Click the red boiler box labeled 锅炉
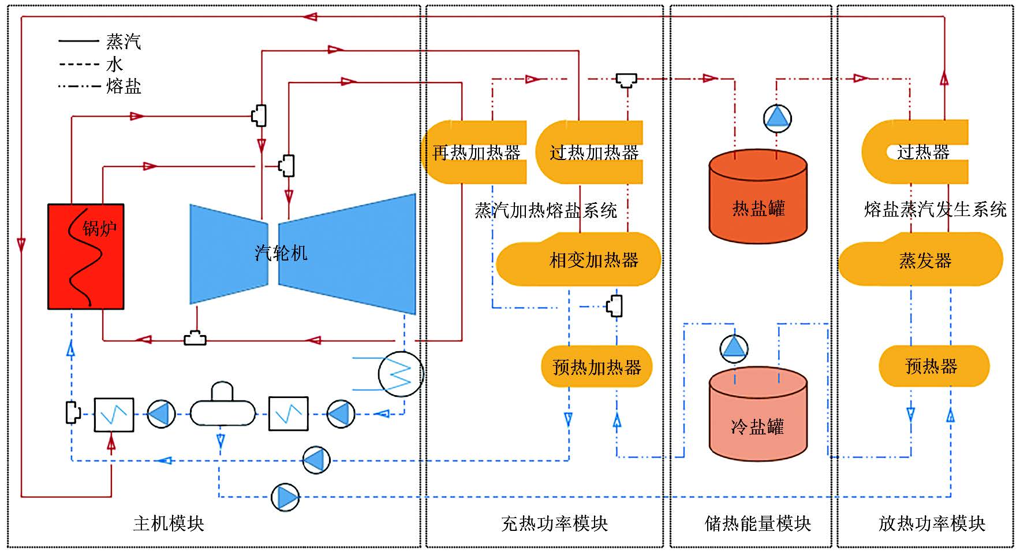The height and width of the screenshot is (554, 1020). point(86,256)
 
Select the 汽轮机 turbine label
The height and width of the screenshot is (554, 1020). point(281,253)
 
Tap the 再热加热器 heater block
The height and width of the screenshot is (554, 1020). point(476,153)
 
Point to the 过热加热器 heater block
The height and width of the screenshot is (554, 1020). point(593,153)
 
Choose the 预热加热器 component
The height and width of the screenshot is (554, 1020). point(597,367)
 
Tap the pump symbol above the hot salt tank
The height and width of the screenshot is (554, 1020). point(777,118)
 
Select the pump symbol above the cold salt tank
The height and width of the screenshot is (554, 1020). point(734,348)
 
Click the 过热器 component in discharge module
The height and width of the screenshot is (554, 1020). point(922,153)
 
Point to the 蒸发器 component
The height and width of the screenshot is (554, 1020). point(924,261)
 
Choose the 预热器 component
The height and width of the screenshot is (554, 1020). point(932,366)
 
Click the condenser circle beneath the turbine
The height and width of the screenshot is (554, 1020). point(401,374)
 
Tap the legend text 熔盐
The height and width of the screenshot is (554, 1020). point(124,87)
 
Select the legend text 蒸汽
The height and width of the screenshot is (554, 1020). point(124,42)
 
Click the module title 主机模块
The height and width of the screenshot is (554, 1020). point(169,523)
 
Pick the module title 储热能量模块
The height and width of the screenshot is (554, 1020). point(758,523)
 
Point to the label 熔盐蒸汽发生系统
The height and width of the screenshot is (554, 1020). point(935,209)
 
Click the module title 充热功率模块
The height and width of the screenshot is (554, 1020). point(554,523)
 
